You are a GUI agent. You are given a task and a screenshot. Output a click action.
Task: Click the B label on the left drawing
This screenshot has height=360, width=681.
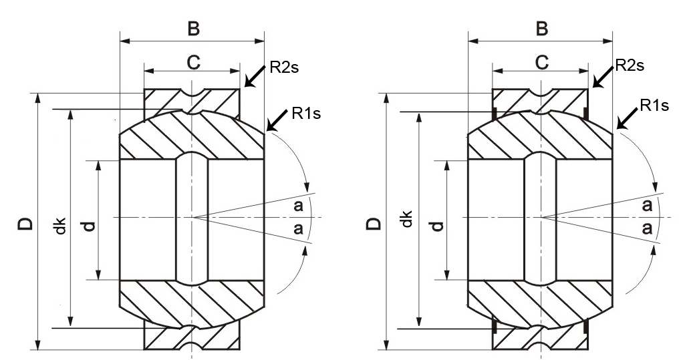pos(193,29)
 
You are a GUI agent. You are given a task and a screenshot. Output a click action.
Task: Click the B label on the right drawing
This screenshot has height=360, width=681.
pos(541,29)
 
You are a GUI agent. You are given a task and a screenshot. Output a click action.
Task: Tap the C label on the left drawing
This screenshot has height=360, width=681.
pos(193,63)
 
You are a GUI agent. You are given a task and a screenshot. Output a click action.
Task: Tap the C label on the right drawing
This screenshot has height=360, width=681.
pos(541,63)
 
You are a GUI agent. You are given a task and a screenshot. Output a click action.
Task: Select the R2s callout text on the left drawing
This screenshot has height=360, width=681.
pos(285,67)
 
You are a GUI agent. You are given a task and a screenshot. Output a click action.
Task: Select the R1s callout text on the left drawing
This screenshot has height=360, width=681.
pos(306,114)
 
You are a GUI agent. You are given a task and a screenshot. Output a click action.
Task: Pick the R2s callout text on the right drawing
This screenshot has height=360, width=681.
pos(630,65)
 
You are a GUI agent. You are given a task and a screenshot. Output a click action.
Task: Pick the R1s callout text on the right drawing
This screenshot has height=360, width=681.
pos(654,105)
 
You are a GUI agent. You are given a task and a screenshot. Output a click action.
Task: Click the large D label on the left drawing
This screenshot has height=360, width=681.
pos(25,223)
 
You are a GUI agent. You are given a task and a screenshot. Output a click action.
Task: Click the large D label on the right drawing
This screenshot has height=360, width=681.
pos(374,223)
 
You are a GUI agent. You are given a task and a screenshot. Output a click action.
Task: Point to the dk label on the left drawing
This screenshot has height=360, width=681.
pos(61,226)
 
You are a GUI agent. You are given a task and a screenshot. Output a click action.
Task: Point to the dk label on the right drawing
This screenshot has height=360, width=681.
pos(406,219)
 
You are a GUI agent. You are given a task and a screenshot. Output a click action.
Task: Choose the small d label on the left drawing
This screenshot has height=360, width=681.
pos(89,226)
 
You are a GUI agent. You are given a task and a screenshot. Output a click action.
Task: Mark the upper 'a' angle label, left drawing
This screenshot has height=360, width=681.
pos(298,206)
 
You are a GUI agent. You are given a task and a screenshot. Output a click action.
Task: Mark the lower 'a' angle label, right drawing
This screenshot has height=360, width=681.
pos(647,228)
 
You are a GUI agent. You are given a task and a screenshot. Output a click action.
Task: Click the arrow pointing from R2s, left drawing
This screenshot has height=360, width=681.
pos(255,76)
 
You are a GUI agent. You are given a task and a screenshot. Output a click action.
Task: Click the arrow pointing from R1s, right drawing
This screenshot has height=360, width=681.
pos(627,118)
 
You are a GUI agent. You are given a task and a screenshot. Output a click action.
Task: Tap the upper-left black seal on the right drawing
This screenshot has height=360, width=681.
pos(495,112)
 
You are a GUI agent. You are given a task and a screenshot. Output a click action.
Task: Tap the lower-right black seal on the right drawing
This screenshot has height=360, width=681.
pos(586,327)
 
